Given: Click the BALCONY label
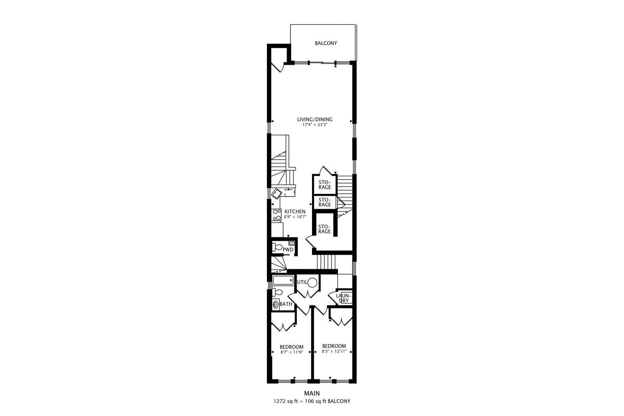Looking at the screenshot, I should coord(326,43).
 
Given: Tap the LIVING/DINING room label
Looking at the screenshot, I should coord(314,119).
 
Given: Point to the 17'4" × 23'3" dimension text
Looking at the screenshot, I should coord(314,125).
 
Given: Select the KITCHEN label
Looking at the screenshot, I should coord(295,211).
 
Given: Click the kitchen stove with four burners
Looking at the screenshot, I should coord(276,215).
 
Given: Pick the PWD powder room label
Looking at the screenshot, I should coord(288,250).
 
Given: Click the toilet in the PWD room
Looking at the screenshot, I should coord(277,247).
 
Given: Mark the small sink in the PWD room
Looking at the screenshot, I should coord(292,243).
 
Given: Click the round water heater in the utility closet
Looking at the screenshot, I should coord(312,282).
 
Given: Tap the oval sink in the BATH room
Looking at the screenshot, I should coord(275,304).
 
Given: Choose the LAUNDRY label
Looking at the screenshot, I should coord(343,298).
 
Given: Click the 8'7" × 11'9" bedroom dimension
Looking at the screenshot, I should coord(291,352).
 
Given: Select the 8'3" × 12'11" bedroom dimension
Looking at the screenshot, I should coord(334,351).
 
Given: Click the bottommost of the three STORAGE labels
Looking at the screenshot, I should coord(324,229).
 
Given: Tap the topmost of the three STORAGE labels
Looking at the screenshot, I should coord(325,185).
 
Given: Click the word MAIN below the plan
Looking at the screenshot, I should coord(312,393).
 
